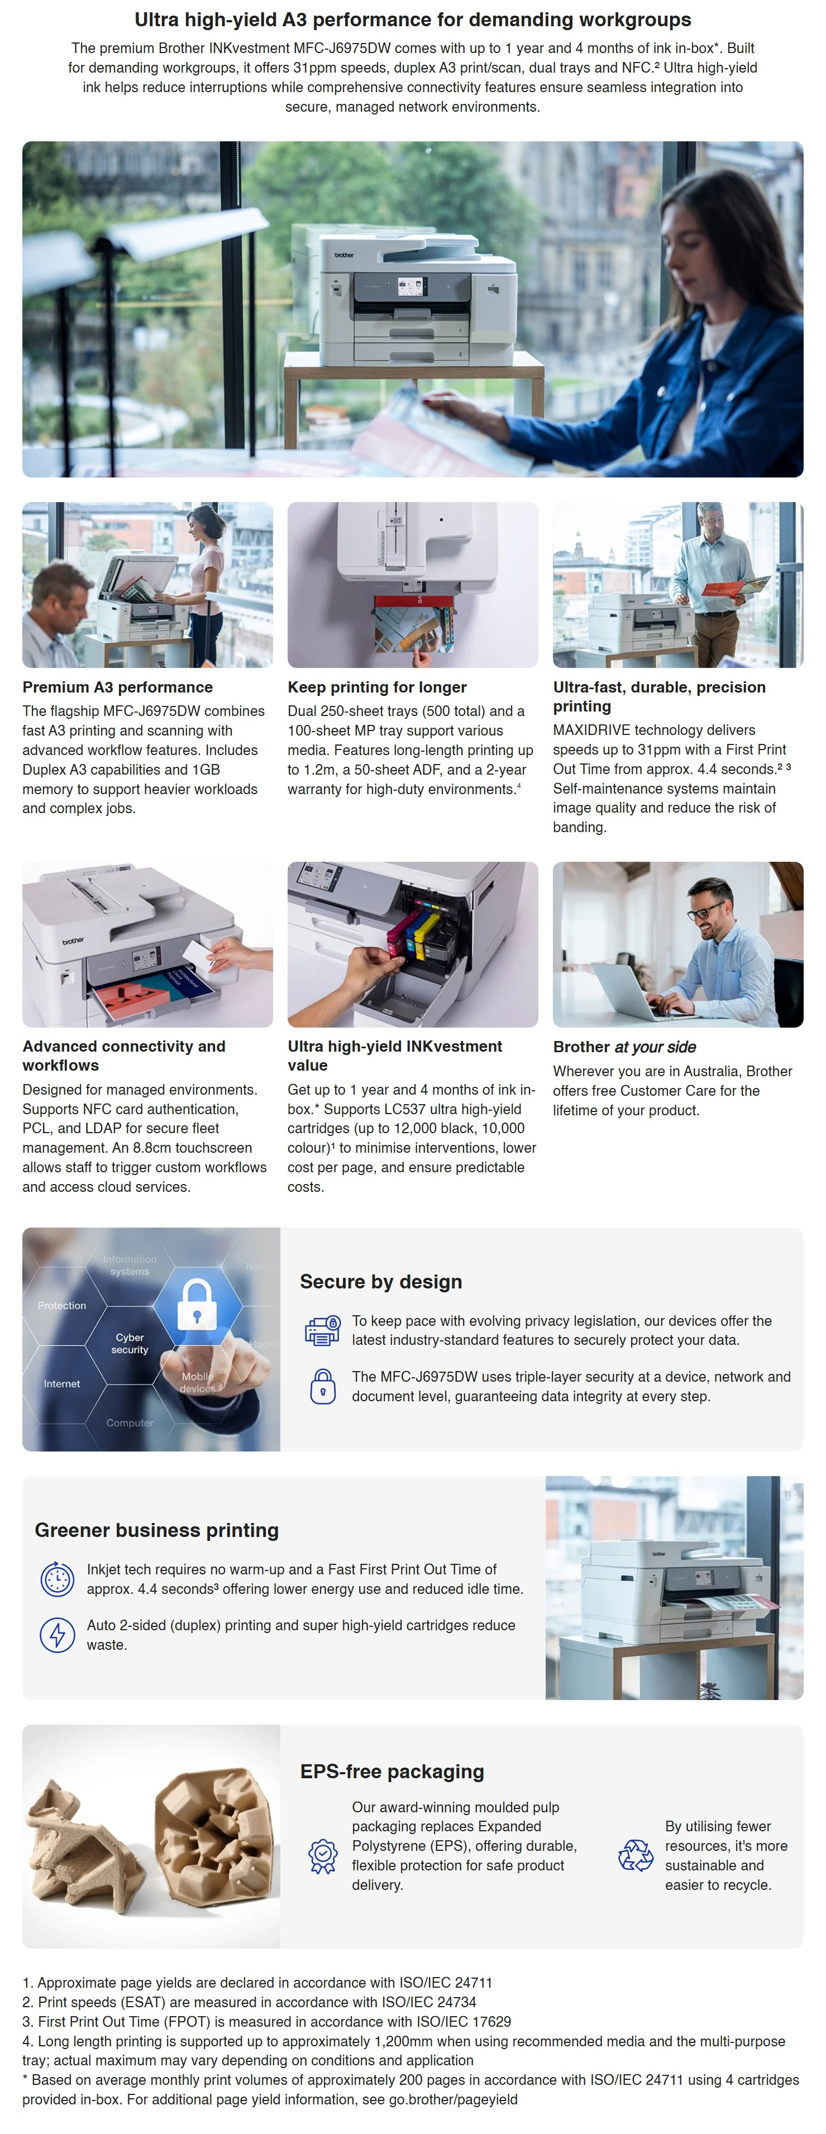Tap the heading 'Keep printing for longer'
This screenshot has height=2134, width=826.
coord(377,687)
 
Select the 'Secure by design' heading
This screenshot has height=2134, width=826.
coord(381,1282)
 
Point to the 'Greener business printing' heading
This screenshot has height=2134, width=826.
coord(156,1530)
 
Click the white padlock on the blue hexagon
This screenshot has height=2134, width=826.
coord(197,1305)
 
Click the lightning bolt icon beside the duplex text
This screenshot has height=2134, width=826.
coord(57,1635)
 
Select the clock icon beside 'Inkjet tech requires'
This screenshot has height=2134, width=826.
coord(57,1579)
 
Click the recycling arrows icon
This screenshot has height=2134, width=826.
coord(636,1856)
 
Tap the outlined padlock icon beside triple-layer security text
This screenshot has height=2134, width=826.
coord(322,1387)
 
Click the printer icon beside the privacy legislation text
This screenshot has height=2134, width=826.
coord(322,1330)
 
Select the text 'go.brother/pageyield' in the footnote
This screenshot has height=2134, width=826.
coord(453,2099)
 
